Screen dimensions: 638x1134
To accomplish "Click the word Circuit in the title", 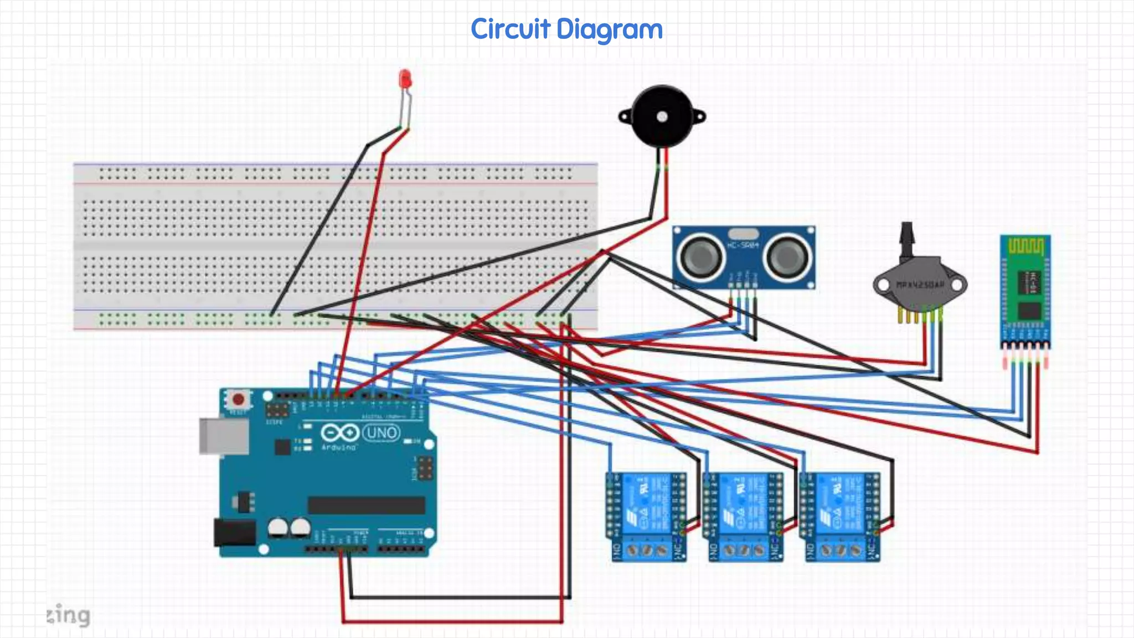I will click(511, 29).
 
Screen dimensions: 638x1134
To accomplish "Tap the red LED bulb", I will click(405, 79).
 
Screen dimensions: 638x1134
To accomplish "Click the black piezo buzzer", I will click(662, 116).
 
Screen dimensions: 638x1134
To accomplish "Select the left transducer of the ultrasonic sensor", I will click(700, 256).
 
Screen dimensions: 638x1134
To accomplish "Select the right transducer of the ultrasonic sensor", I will click(787, 256).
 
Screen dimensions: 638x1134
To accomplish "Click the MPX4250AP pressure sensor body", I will click(920, 286).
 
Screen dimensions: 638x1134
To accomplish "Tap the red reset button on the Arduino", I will click(239, 399).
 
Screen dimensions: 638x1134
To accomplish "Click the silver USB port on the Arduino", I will click(224, 436).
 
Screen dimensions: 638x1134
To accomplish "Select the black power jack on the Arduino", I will click(235, 533).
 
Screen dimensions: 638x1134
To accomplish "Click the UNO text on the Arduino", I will click(382, 433).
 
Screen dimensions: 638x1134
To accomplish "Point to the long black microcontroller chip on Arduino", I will click(366, 505).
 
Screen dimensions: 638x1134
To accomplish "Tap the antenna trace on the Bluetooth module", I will click(1025, 246).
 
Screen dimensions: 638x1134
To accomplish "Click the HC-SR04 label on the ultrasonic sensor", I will click(743, 245).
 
